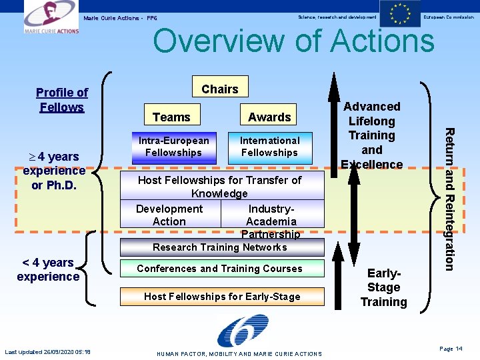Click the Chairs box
pos(220,89)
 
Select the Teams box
pos(171,117)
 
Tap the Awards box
pos(269,117)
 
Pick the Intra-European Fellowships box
pos(174,147)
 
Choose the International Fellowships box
pos(269,147)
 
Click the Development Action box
pos(169,215)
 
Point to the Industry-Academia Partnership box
pos(271,221)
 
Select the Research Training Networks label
pos(220,247)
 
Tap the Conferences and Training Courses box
pos(220,269)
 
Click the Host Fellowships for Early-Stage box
pos(222,297)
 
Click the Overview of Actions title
pos(293,41)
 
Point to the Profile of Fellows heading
pos(62,100)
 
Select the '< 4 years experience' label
pos(48,269)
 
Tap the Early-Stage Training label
pos(384,287)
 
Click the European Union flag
pos(400,14)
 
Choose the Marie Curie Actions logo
pos(51,17)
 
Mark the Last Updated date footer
pos(48,352)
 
